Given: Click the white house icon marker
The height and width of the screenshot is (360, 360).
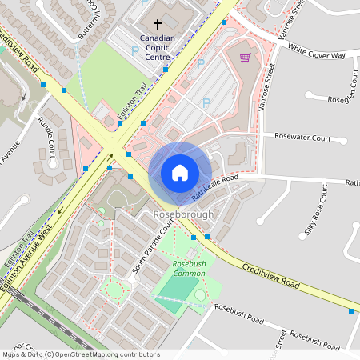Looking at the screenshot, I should [x=180, y=172].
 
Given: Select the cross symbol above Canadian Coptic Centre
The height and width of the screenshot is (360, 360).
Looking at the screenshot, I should [x=157, y=26].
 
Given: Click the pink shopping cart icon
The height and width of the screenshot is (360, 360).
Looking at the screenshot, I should [x=245, y=58].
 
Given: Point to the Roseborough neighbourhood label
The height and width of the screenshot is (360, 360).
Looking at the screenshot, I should [x=183, y=215].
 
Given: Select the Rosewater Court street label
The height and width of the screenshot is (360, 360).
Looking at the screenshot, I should [x=302, y=138].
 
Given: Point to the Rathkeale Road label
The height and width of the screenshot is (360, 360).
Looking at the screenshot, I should [x=214, y=188].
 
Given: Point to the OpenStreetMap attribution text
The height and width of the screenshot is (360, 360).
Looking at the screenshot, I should [x=80, y=354].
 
